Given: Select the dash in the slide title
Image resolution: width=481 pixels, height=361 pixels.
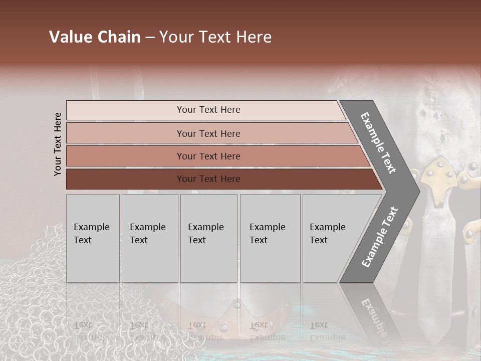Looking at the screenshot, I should (149, 38).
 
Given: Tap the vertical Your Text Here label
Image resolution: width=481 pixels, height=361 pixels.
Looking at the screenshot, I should (58, 144).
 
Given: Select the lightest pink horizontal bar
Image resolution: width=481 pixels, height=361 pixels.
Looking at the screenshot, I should (205, 110).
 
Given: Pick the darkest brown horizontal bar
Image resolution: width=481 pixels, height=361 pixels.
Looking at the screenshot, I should (220, 179).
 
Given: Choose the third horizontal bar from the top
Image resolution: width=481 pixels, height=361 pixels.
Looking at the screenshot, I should (215, 156).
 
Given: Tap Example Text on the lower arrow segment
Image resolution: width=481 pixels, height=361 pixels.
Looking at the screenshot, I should (380, 237).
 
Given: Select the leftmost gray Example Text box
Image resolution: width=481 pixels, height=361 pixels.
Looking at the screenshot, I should (93, 238).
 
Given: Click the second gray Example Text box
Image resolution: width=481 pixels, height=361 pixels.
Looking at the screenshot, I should (150, 238).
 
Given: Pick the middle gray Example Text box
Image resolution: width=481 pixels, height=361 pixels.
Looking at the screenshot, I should (208, 238).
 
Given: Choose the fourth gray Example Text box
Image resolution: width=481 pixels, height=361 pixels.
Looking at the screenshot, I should (270, 238).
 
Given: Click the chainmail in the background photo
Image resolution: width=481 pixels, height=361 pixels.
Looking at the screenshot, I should (35, 301).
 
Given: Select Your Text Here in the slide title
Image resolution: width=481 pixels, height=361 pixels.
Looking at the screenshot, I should (215, 37).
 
